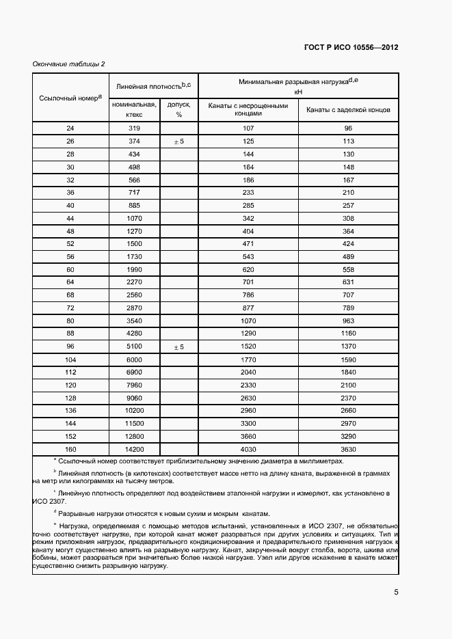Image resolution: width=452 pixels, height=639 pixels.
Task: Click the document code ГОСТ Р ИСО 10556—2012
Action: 351,48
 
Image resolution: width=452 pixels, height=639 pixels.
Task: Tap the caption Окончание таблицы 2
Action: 68,64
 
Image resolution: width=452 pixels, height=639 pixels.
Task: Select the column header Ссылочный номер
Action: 70,98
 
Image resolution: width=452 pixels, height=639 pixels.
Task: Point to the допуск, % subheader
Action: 178,110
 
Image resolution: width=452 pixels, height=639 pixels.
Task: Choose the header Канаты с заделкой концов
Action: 348,110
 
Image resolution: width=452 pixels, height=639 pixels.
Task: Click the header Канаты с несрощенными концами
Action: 248,110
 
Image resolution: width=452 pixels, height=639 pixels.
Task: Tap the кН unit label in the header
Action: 298,91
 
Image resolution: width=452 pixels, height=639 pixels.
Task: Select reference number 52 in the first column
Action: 70,243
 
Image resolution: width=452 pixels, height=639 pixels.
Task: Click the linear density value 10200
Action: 135,410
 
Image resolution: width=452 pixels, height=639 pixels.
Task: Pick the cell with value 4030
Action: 248,449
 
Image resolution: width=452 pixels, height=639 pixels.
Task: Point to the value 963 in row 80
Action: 348,321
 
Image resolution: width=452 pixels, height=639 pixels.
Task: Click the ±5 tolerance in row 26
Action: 178,141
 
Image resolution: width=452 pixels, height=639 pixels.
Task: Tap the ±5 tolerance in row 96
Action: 178,346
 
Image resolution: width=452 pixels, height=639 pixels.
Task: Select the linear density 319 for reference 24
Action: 135,128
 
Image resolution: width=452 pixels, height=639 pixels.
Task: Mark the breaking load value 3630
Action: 348,449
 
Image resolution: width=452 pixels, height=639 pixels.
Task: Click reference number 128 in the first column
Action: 70,398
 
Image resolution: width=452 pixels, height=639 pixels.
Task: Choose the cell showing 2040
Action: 248,372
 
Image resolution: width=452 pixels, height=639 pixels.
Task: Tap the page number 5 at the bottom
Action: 396,592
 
